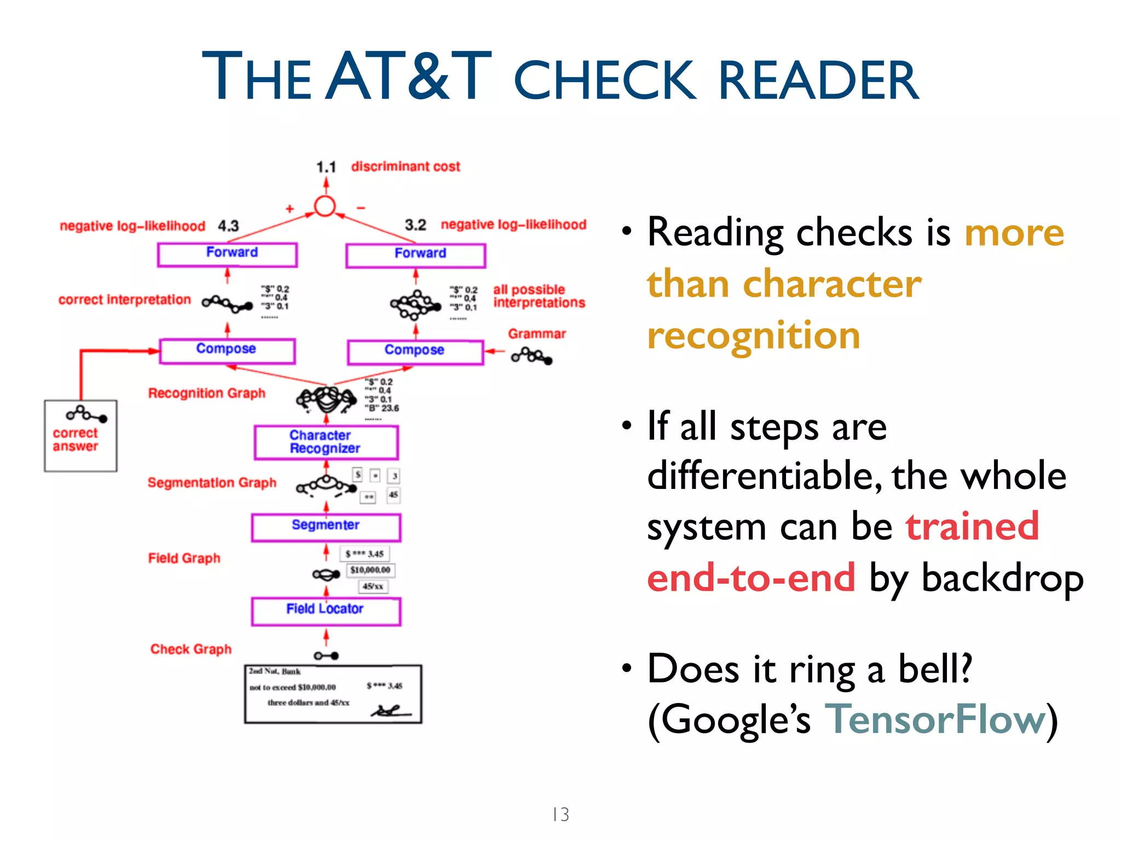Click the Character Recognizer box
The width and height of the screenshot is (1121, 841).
pyautogui.click(x=326, y=442)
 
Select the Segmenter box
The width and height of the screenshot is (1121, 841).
pyautogui.click(x=326, y=527)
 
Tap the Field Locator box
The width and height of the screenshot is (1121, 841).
pyautogui.click(x=326, y=610)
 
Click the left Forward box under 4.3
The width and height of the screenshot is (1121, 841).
pyautogui.click(x=227, y=254)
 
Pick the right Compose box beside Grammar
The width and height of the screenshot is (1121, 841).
pyautogui.click(x=415, y=352)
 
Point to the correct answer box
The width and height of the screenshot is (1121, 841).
pyautogui.click(x=80, y=436)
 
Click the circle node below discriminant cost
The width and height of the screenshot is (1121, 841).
pyautogui.click(x=325, y=206)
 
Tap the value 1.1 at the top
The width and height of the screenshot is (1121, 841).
pyautogui.click(x=326, y=167)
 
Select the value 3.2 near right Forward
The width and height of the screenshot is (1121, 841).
pyautogui.click(x=415, y=225)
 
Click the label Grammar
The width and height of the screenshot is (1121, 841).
pyautogui.click(x=536, y=333)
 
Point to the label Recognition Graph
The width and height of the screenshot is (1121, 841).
pyautogui.click(x=206, y=393)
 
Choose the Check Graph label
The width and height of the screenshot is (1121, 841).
pyautogui.click(x=191, y=649)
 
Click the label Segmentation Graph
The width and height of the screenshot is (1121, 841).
pyautogui.click(x=212, y=482)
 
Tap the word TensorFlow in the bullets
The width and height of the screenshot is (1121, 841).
pyautogui.click(x=934, y=719)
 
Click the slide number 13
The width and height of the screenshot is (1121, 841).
pyautogui.click(x=560, y=814)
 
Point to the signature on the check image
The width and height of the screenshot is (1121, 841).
pyautogui.click(x=390, y=711)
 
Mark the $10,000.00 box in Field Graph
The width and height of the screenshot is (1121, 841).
pyautogui.click(x=371, y=570)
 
